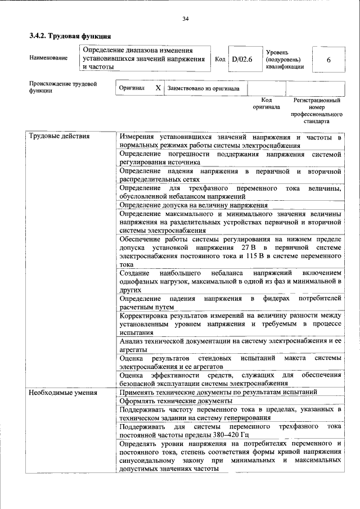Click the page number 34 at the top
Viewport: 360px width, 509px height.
pyautogui.click(x=185, y=19)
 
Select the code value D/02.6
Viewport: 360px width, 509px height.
pyautogui.click(x=242, y=58)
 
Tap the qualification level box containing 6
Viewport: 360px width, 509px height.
pyautogui.click(x=328, y=58)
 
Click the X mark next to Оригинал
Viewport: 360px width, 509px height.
pyautogui.click(x=158, y=88)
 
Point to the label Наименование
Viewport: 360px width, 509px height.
pyautogui.click(x=48, y=58)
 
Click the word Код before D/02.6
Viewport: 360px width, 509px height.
pyautogui.click(x=220, y=58)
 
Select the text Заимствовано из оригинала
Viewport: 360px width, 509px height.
pyautogui.click(x=203, y=88)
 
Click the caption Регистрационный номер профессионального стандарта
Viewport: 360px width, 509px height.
pyautogui.click(x=317, y=110)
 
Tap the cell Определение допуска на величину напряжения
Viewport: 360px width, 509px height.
pyautogui.click(x=193, y=205)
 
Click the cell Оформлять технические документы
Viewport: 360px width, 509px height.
pyautogui.click(x=176, y=400)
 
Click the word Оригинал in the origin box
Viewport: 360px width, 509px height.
pyautogui.click(x=132, y=88)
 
